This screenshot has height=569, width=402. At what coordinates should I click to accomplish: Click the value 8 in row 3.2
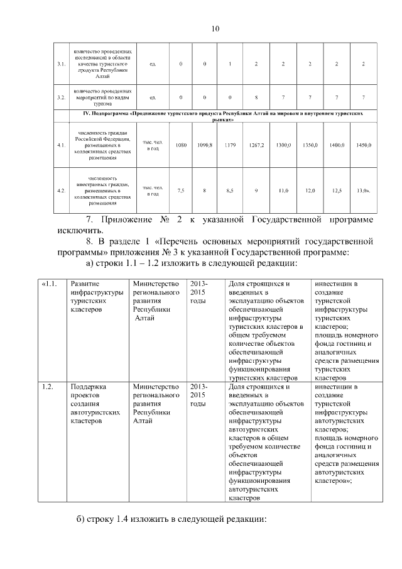coord(256,97)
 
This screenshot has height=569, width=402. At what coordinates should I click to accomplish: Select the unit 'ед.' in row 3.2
coord(153,97)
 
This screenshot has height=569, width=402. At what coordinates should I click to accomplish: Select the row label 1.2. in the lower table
coord(50,387)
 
